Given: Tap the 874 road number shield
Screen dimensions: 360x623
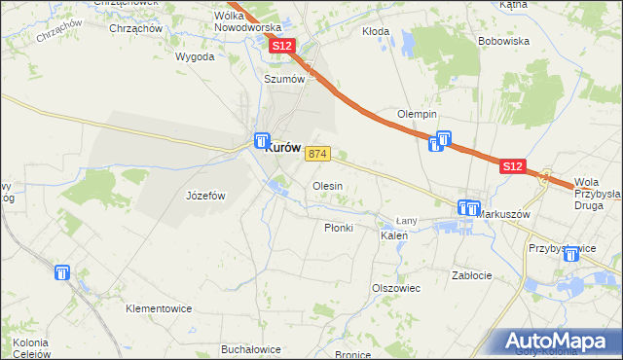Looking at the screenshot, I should (x=318, y=155).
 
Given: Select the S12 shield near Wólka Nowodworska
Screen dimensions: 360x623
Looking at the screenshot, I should (x=281, y=46).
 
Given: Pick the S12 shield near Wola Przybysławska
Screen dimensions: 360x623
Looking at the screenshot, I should (x=514, y=167).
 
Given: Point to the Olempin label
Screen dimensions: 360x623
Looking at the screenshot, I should (x=416, y=115).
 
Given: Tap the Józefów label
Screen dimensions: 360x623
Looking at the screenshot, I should (x=205, y=196).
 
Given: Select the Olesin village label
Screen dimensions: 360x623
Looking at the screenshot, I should (x=326, y=185).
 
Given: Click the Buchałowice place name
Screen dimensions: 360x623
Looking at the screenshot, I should (x=251, y=349).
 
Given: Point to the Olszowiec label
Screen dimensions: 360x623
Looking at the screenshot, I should (x=395, y=288).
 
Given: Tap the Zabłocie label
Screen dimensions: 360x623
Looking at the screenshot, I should (x=472, y=275).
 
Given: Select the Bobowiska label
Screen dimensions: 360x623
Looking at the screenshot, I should (x=503, y=42).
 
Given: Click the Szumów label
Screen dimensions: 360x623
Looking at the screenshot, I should (x=284, y=80).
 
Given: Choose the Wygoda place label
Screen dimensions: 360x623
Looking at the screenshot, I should (x=195, y=57).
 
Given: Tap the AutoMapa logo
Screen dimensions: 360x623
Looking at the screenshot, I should (x=559, y=342).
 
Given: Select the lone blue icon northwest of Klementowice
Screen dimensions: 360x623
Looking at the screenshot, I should (x=63, y=274).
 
